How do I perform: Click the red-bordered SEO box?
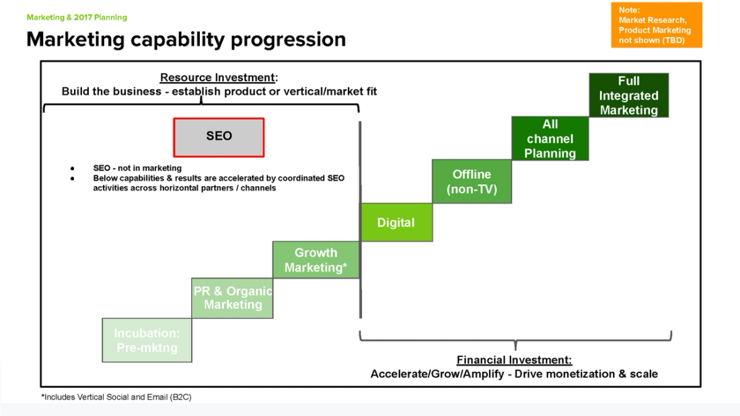(219, 137)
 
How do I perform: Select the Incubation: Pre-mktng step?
(147, 340)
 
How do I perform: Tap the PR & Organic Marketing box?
(232, 298)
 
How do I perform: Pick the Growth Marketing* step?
(316, 260)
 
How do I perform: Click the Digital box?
(396, 222)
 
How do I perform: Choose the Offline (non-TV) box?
(472, 181)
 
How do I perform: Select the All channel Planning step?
(550, 138)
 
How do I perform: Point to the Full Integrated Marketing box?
(628, 95)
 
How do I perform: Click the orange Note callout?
(656, 25)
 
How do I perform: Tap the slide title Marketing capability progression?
(186, 40)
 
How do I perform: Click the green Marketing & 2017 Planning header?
(77, 17)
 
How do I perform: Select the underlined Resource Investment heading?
(219, 78)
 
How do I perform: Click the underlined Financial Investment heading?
(514, 360)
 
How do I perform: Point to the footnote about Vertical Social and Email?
(116, 397)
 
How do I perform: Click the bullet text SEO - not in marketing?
(137, 168)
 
